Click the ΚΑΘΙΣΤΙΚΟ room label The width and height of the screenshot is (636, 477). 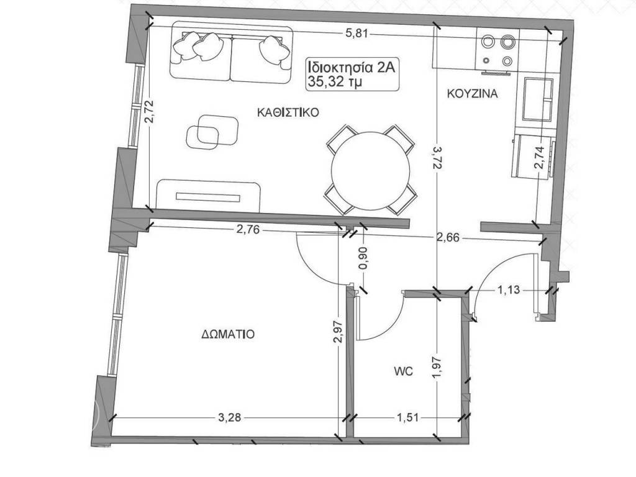click(x=288, y=113)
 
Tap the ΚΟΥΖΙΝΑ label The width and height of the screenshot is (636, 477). click(x=473, y=94)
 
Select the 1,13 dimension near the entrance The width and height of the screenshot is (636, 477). click(x=509, y=288)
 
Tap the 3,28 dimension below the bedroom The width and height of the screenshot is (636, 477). click(x=230, y=417)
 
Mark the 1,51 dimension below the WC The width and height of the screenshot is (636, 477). click(x=407, y=417)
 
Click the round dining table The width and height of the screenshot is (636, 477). click(x=370, y=170)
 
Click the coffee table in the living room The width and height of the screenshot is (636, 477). click(x=211, y=132)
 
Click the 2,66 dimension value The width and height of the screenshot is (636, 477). click(x=450, y=237)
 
